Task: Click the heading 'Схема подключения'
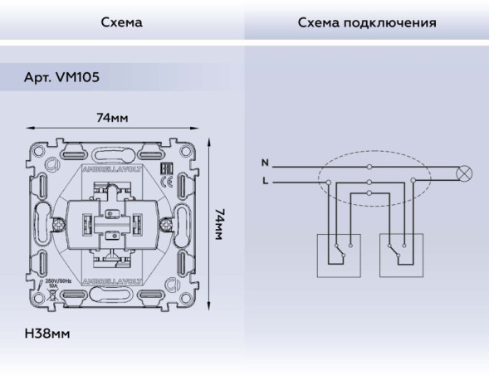[x=367, y=22]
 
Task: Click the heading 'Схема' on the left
[x=121, y=22]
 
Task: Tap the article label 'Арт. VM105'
[x=62, y=77]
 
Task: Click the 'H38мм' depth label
[x=47, y=334]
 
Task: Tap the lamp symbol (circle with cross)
[x=466, y=173]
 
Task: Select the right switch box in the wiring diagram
[x=400, y=254]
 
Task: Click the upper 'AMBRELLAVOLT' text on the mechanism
[x=112, y=168]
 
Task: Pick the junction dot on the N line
[x=369, y=166]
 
